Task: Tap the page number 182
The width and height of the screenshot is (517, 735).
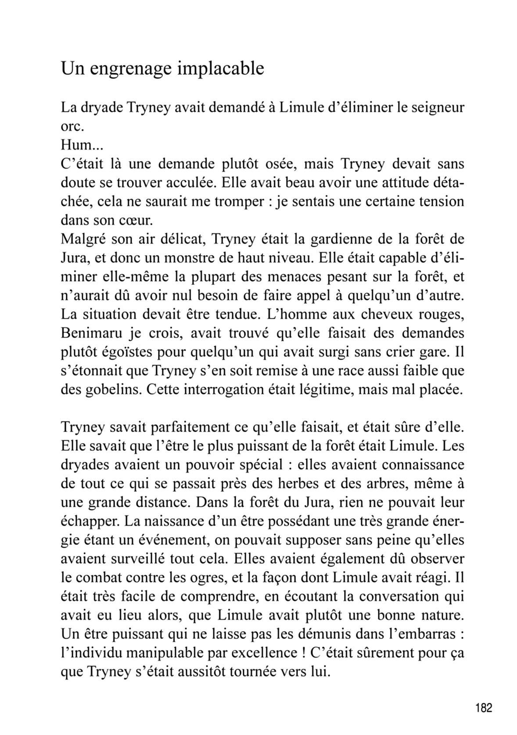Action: click(484, 707)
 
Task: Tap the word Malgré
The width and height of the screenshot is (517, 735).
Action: click(82, 239)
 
